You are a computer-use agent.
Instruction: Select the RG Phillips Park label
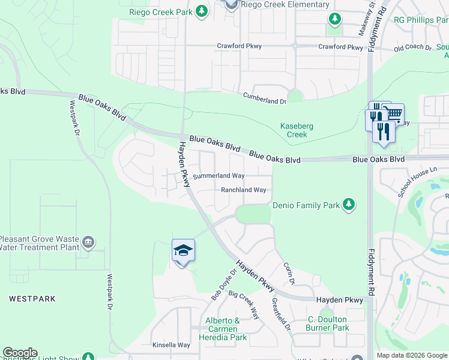pos(420,20)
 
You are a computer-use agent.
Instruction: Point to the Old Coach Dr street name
pos(413,47)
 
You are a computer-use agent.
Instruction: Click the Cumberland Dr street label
pos(264,96)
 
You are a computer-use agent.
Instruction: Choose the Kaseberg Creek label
pos(297,130)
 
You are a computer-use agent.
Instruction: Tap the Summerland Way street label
pos(218,176)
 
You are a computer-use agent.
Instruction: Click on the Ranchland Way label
pos(243,190)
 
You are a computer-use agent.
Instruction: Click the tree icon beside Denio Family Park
pos(348,205)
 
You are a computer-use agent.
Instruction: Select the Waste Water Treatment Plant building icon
pos(88,242)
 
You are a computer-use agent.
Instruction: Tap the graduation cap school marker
pos(184,250)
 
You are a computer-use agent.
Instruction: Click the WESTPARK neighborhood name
pos(32,298)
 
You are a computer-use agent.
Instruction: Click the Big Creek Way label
pos(244,305)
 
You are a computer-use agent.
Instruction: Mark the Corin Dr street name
pos(289,272)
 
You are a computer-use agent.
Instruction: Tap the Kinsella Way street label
pos(171,345)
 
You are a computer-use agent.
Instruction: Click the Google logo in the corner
pos(20,353)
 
